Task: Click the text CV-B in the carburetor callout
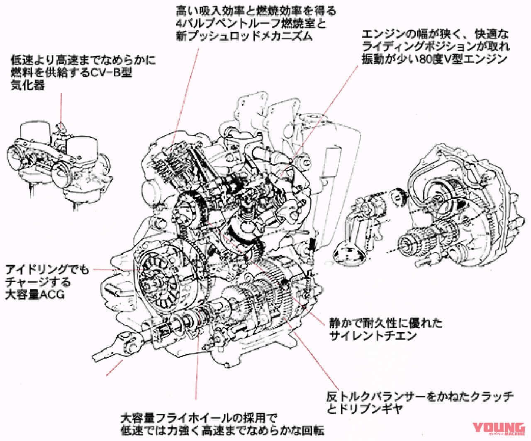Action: pos(112,74)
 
